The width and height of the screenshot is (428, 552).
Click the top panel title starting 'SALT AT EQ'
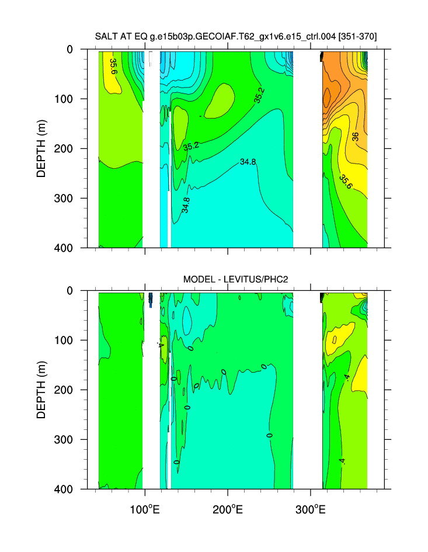(x=235, y=36)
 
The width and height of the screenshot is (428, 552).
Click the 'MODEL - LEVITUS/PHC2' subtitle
(x=235, y=279)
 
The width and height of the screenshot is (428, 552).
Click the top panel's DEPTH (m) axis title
(x=41, y=148)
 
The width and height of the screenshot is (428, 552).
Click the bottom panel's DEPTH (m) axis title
(x=41, y=390)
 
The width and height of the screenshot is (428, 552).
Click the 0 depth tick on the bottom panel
(x=85, y=290)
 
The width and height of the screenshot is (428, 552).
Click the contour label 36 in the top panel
(x=355, y=137)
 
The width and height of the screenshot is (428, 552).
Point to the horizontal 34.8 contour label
(x=248, y=162)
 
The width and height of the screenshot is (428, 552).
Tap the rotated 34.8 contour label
(x=186, y=204)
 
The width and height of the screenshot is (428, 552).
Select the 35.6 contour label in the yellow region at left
(x=113, y=65)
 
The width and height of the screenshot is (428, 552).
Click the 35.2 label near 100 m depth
(x=259, y=95)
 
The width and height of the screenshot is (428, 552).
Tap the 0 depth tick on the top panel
(x=85, y=50)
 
